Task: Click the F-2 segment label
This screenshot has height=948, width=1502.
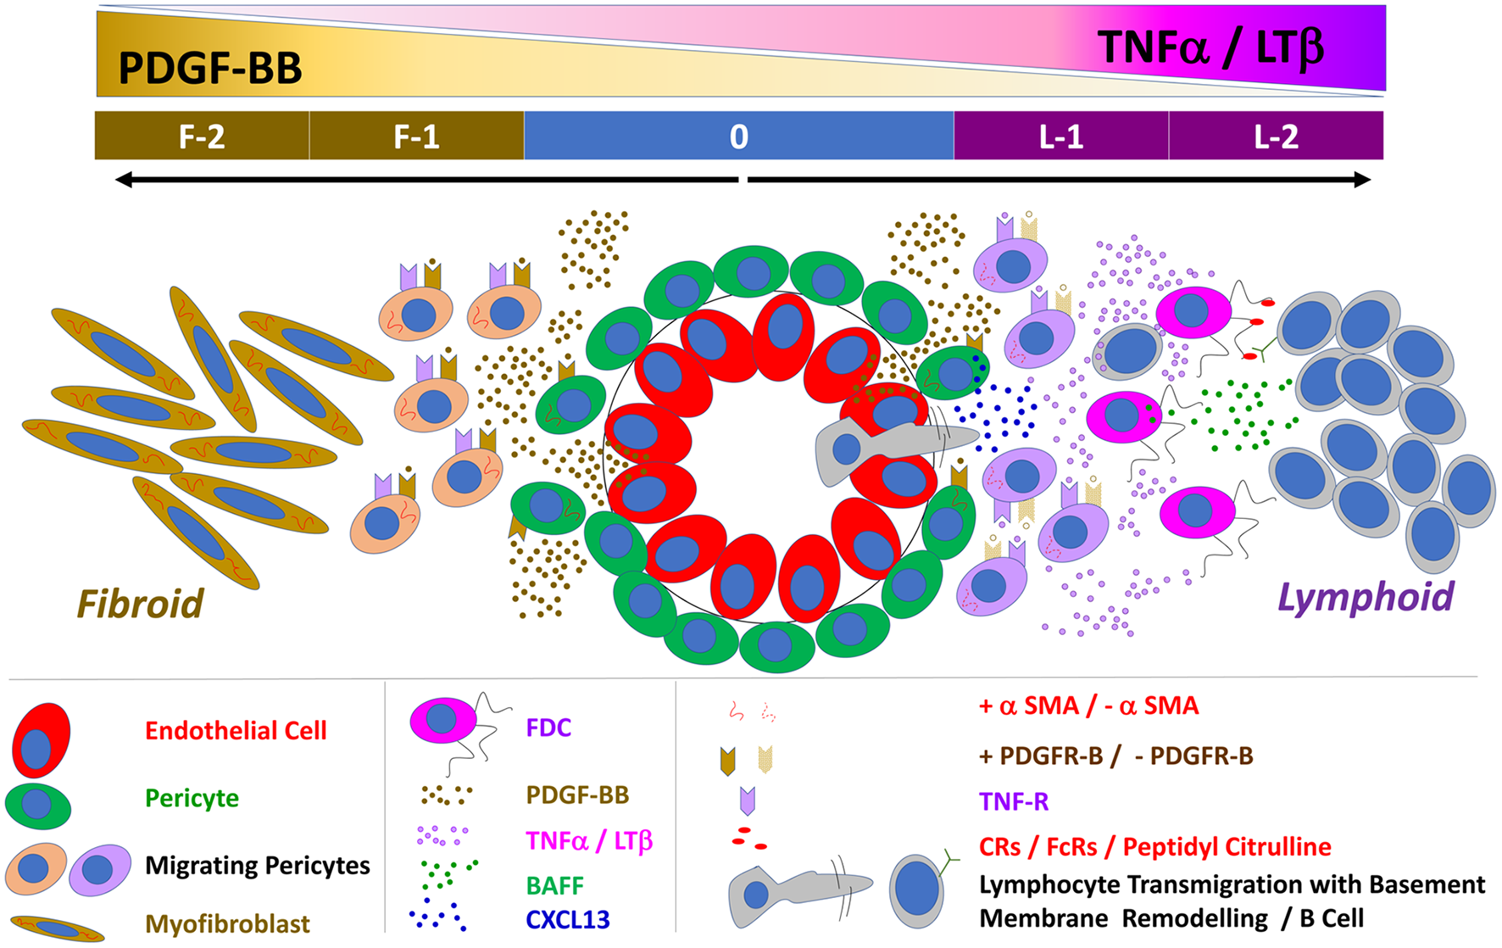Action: coord(202,137)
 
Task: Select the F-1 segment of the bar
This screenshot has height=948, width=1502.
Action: coord(416,137)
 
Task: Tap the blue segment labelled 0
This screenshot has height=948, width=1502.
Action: coord(738,137)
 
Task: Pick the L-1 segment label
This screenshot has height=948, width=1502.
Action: coord(1061,137)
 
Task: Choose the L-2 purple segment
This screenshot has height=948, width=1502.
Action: coord(1276,137)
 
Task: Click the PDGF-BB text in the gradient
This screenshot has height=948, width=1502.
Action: coord(210,68)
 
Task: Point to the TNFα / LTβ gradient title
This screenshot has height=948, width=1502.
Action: coord(1210,47)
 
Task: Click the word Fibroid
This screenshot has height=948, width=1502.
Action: coord(140,604)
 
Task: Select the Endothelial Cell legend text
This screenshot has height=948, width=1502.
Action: coord(236,730)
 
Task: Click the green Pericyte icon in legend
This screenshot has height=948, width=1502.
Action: coord(37,805)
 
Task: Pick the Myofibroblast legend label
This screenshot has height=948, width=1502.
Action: coord(227,923)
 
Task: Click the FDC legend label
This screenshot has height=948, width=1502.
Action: coord(548,728)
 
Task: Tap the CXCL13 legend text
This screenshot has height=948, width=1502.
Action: coord(567,919)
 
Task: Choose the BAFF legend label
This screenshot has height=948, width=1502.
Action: coord(554,885)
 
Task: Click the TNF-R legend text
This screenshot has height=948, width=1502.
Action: coord(1013,801)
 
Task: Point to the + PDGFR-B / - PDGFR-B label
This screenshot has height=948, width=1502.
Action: coord(1115,756)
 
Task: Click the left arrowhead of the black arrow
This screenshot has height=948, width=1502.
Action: coord(124,179)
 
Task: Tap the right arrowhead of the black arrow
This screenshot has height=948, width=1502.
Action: coord(1361,179)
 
